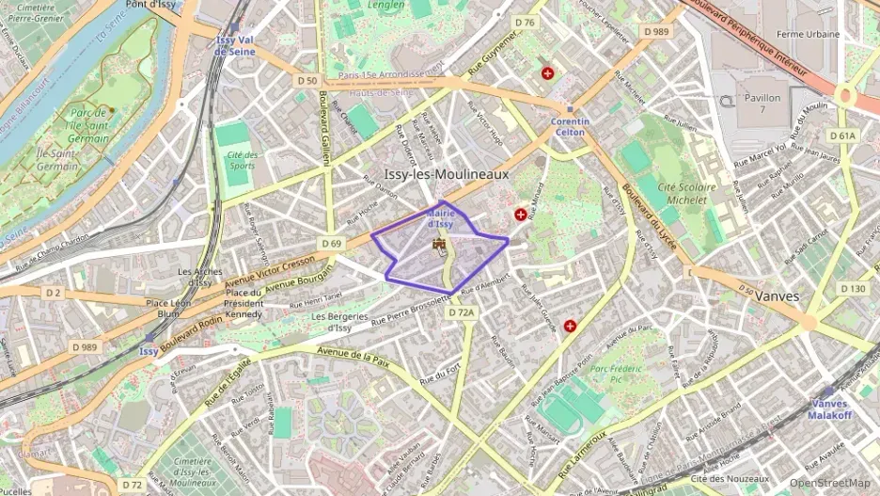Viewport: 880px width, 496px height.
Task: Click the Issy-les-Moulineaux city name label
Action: [447, 174]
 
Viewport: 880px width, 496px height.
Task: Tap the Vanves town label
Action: [776, 296]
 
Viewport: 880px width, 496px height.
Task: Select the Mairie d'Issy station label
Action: [441, 219]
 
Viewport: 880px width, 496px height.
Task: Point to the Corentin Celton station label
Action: [570, 126]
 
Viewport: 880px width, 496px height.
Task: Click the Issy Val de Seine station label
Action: [235, 45]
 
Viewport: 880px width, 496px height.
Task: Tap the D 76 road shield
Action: [525, 23]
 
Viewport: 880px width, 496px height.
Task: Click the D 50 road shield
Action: [306, 81]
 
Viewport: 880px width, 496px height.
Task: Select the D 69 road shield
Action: [331, 244]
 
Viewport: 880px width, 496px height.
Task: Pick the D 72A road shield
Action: [463, 312]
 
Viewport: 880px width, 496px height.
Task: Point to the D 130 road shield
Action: [854, 289]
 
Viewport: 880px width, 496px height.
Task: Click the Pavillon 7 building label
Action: [762, 104]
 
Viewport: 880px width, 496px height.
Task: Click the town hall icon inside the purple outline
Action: [438, 246]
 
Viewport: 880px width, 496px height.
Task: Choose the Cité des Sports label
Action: [242, 160]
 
